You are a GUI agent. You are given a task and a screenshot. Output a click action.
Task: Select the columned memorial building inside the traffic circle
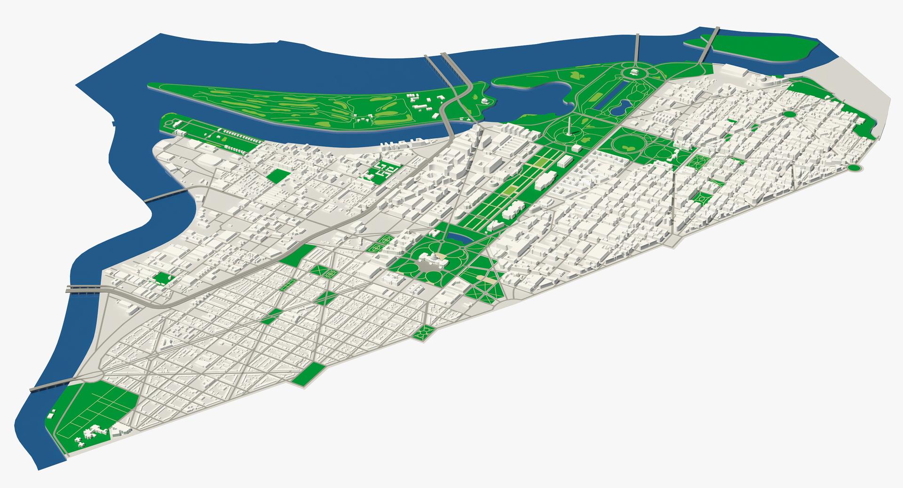pos(635,72)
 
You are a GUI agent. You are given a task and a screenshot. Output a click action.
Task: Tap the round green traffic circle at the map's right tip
pos(854,167)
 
